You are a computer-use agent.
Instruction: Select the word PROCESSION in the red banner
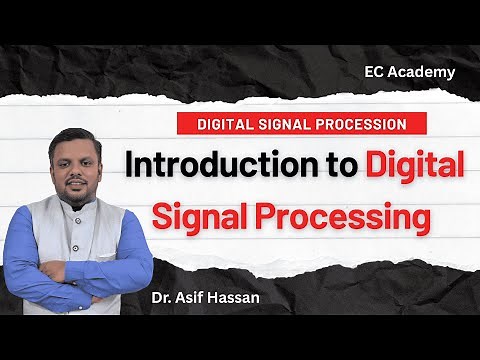coord(361,125)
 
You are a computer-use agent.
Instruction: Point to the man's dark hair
coord(76,138)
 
